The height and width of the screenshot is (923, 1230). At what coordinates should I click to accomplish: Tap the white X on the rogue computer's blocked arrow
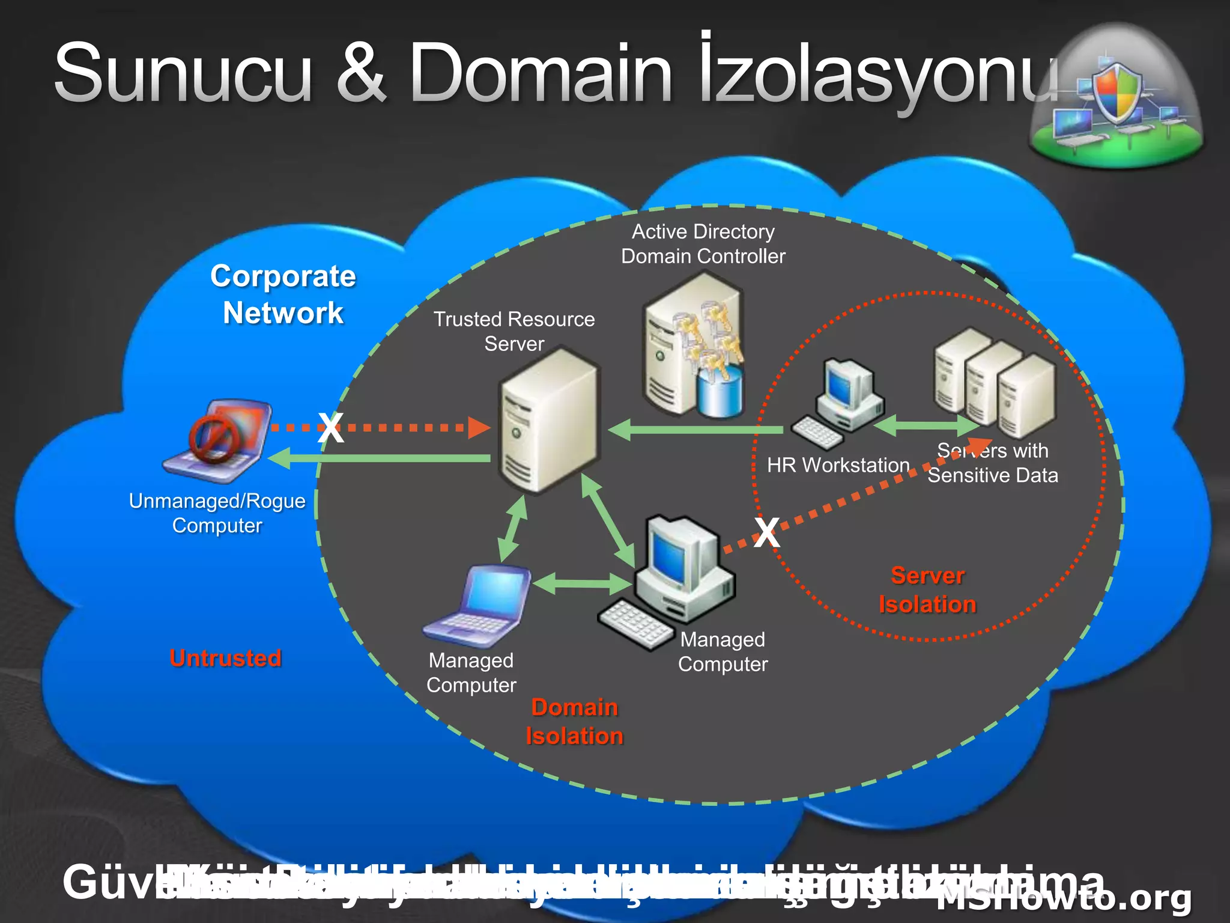[331, 428]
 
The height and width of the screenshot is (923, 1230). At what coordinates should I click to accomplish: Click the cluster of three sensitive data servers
[994, 382]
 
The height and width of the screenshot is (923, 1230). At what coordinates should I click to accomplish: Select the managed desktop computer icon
[673, 580]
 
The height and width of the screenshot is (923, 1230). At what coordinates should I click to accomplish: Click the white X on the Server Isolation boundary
[767, 532]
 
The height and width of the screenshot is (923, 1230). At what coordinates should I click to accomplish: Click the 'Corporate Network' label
[283, 294]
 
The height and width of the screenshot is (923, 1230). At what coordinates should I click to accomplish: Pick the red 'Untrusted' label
[225, 658]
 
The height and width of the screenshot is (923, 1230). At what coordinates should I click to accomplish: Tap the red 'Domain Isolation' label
[574, 722]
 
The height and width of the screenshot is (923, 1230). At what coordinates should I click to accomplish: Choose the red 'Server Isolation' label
[927, 590]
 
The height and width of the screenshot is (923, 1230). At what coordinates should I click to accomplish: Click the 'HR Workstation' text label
[838, 465]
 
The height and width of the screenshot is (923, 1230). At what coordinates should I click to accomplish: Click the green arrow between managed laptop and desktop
[581, 583]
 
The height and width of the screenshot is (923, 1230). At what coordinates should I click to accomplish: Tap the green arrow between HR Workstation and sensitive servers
[927, 425]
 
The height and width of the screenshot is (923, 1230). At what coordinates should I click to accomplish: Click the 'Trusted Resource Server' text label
[514, 331]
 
